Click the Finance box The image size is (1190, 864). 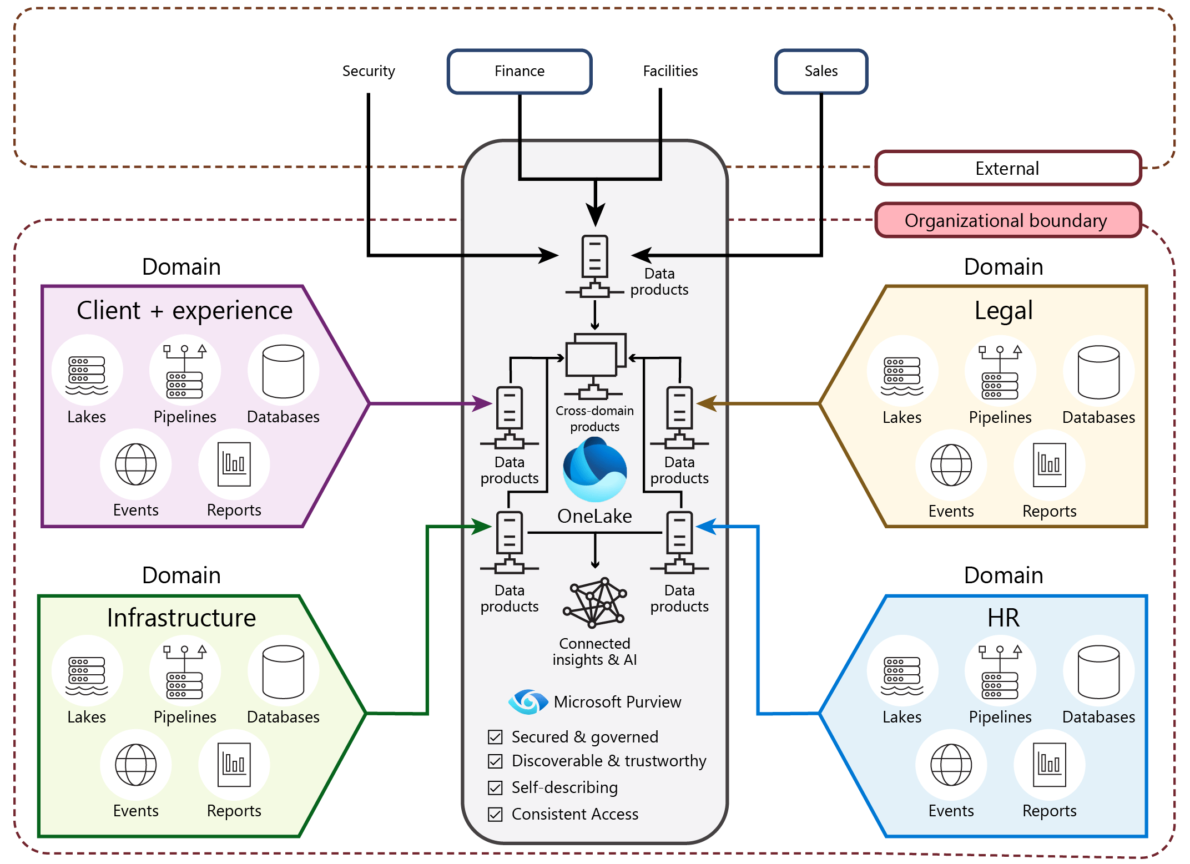[x=520, y=71]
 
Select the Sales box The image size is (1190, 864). [x=821, y=71]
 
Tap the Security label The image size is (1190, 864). [x=369, y=71]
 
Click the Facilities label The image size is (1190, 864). [x=670, y=71]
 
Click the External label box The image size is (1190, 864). [x=1007, y=168]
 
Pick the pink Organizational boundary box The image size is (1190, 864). [x=1007, y=220]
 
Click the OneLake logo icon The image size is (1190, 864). [x=594, y=469]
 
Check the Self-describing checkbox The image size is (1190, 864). [x=495, y=787]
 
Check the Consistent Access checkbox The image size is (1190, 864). [x=495, y=814]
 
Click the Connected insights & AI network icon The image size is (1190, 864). [x=594, y=603]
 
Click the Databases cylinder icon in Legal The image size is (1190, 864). [x=1098, y=372]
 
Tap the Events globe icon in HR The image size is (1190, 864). [x=951, y=765]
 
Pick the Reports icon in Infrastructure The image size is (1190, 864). [x=234, y=765]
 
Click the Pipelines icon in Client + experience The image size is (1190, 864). [x=185, y=371]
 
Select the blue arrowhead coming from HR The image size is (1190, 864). [x=706, y=527]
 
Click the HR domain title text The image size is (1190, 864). [x=1003, y=618]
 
